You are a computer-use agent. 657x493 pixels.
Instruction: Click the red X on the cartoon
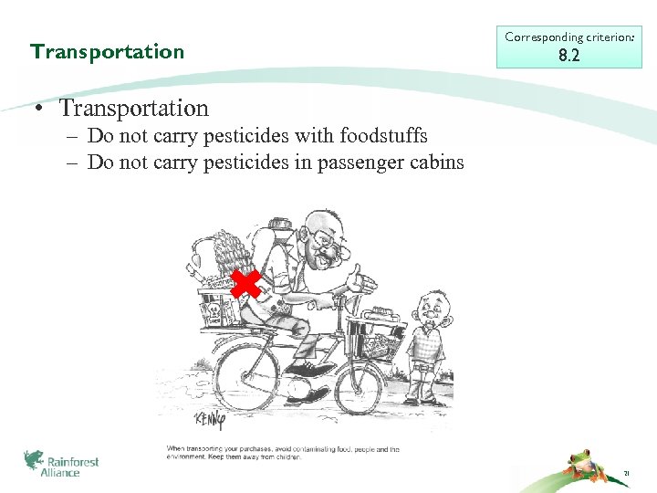point(245,284)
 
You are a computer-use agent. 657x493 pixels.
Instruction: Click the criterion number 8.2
point(568,56)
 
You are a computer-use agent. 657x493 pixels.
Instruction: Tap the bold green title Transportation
point(107,51)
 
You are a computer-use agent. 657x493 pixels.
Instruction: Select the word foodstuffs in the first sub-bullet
point(383,136)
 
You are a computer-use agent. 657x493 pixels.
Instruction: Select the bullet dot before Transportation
point(42,110)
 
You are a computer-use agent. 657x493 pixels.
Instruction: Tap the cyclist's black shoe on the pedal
point(313,369)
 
